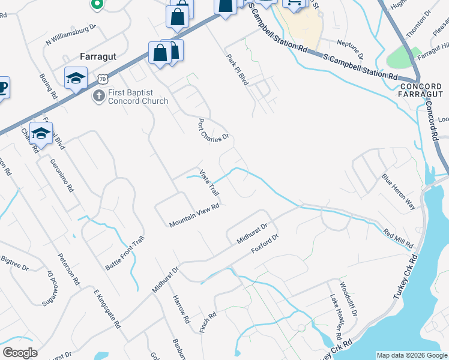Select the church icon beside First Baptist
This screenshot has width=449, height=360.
[x=98, y=95]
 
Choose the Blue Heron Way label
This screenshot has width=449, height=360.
[x=399, y=191]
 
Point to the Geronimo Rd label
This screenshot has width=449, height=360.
[x=62, y=175]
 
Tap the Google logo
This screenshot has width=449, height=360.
[x=20, y=353]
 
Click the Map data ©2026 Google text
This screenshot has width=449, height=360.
[x=411, y=355]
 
